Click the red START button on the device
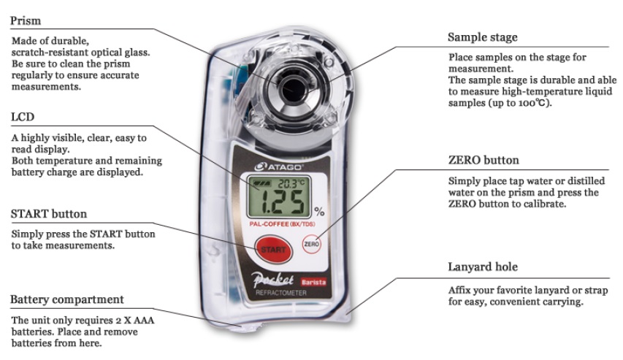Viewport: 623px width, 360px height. click(x=273, y=250)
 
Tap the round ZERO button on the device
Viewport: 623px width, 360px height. click(x=311, y=244)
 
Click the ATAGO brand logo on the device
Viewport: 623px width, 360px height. click(x=279, y=167)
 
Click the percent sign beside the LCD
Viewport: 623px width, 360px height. click(x=319, y=211)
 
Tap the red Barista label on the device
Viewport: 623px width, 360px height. click(x=313, y=282)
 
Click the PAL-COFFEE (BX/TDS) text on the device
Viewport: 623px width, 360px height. click(x=282, y=224)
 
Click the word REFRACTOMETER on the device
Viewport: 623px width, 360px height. click(x=281, y=293)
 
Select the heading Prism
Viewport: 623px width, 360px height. click(x=26, y=20)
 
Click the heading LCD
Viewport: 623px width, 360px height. click(x=23, y=117)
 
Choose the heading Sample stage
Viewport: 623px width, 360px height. click(x=482, y=37)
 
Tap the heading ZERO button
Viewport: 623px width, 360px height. click(x=484, y=160)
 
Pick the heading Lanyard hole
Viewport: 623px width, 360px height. click(x=483, y=267)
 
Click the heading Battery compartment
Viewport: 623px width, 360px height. click(x=67, y=299)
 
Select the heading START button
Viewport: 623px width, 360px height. click(x=48, y=214)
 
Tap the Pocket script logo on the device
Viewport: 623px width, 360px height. click(x=273, y=280)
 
